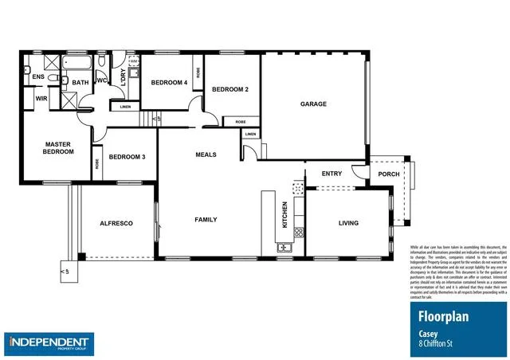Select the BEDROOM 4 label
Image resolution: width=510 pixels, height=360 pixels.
click(169, 82)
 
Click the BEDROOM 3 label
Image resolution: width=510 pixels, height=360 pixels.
click(127, 157)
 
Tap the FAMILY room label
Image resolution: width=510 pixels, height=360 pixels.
click(206, 219)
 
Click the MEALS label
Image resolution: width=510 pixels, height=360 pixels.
click(206, 155)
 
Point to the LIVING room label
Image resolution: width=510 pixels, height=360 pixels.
click(349, 223)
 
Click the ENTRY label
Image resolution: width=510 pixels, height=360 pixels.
click(331, 173)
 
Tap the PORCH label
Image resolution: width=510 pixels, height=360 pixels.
click(389, 174)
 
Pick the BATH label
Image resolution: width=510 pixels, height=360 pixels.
click(80, 82)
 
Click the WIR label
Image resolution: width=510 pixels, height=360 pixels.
click(41, 98)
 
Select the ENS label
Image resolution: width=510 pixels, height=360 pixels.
click(37, 76)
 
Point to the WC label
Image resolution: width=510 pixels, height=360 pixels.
click(103, 80)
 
